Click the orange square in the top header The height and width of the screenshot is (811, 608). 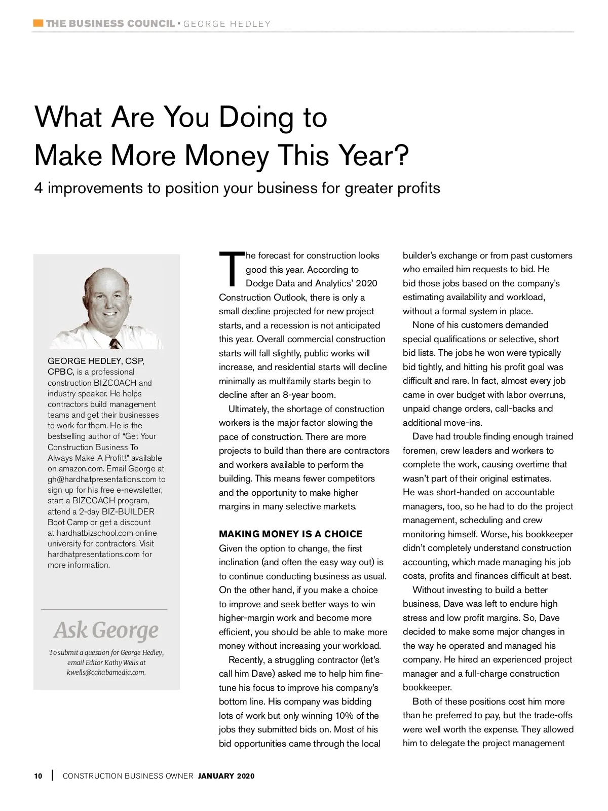pyautogui.click(x=37, y=23)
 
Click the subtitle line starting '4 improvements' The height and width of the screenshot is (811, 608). pyautogui.click(x=237, y=188)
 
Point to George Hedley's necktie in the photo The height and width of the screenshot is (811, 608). pyautogui.click(x=116, y=343)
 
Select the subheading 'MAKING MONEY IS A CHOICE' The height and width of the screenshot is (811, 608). pyautogui.click(x=290, y=534)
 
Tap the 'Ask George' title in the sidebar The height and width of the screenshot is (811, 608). pyautogui.click(x=106, y=630)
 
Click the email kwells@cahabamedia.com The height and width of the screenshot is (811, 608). pyautogui.click(x=106, y=672)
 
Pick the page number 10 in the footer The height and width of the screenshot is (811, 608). pyautogui.click(x=39, y=776)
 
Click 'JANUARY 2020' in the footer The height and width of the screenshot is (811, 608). pyautogui.click(x=226, y=776)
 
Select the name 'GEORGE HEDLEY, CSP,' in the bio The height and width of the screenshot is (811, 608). pyautogui.click(x=96, y=361)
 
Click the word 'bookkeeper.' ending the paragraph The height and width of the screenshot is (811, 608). pyautogui.click(x=427, y=687)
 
